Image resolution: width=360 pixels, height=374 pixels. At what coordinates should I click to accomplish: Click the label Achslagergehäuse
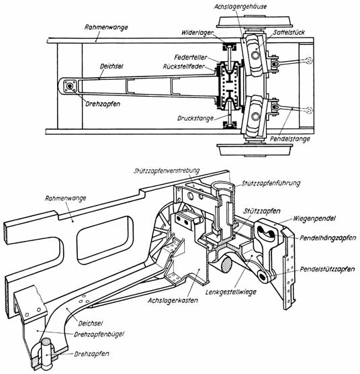(x=240, y=7)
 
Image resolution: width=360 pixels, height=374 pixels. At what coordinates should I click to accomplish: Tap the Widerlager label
(x=197, y=33)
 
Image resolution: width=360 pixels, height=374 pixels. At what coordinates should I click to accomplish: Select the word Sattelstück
(x=289, y=32)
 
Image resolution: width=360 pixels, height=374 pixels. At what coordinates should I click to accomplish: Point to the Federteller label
(x=191, y=57)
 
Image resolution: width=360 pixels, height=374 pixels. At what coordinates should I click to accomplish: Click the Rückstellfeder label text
(x=184, y=66)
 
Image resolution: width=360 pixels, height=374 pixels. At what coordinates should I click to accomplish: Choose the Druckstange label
(x=195, y=118)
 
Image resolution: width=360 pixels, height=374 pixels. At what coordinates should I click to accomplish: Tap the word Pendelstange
(x=290, y=139)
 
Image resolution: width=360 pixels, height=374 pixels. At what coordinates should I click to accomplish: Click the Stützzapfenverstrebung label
(x=167, y=171)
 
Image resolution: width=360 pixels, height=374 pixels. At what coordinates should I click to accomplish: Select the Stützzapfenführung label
(x=271, y=183)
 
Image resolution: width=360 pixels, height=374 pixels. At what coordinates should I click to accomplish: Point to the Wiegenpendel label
(x=314, y=218)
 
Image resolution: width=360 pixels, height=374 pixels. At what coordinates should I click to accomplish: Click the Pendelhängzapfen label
(x=328, y=238)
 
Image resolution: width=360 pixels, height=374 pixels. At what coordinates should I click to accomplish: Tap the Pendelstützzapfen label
(x=327, y=269)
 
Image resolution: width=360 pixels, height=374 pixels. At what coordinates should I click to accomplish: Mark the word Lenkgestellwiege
(x=230, y=291)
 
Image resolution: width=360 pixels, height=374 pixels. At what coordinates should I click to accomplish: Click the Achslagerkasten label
(x=173, y=300)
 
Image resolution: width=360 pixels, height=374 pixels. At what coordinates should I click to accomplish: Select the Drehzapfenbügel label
(x=99, y=334)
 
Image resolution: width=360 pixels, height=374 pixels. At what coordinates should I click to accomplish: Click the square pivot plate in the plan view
(x=70, y=86)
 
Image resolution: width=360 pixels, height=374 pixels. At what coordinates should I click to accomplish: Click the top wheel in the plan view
(x=255, y=22)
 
